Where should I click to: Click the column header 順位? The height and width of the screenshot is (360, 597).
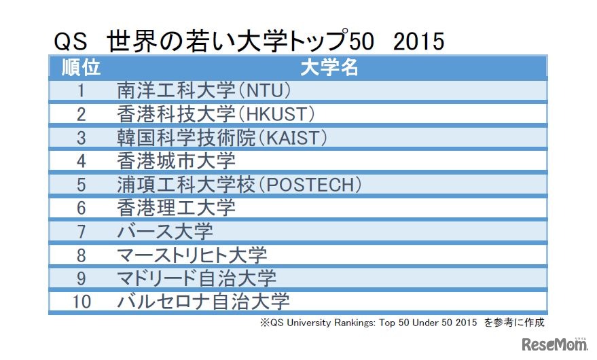click(81, 67)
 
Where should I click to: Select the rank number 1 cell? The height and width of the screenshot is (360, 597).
click(81, 90)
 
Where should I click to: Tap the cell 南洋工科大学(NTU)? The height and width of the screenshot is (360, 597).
click(204, 90)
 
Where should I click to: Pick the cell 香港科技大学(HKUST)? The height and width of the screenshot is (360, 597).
click(216, 114)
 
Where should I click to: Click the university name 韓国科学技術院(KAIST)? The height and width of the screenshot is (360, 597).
click(222, 137)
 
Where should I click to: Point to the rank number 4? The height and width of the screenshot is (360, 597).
click(81, 161)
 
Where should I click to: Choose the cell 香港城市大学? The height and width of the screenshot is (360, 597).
click(176, 161)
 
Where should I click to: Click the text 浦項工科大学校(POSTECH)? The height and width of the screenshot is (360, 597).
click(238, 184)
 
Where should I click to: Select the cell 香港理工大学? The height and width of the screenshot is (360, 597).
click(176, 207)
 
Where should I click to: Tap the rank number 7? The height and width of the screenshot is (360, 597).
click(81, 231)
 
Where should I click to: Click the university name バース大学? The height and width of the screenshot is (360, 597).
click(165, 231)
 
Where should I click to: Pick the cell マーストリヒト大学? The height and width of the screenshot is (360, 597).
click(192, 255)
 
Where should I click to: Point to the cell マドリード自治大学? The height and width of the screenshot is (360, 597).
click(197, 278)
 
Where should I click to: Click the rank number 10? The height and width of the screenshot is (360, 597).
click(81, 301)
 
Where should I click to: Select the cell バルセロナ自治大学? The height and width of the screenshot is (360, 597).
click(204, 301)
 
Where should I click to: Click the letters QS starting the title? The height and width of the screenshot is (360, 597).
click(71, 41)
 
